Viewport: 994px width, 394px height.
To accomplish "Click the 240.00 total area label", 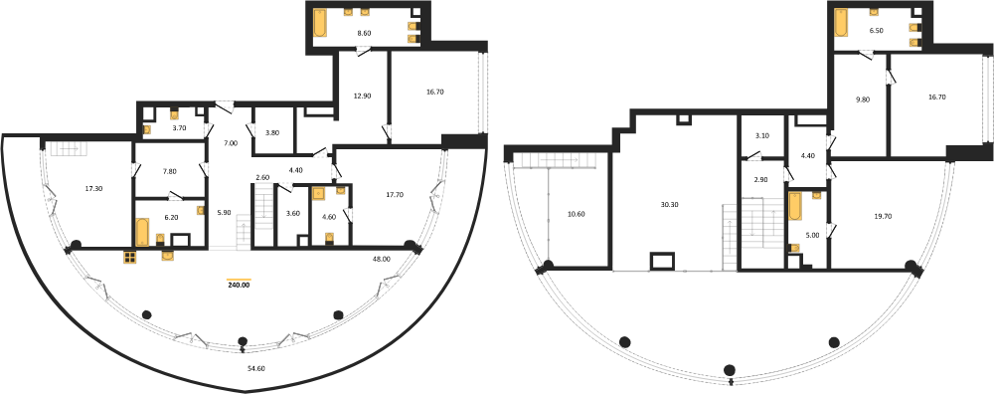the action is click(x=240, y=285).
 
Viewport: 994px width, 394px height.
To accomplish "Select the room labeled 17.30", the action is click(x=93, y=188).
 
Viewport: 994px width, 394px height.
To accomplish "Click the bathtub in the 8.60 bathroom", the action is click(x=321, y=24).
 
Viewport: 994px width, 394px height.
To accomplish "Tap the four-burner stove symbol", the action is click(x=130, y=257).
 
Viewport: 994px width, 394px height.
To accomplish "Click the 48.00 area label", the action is click(x=382, y=259).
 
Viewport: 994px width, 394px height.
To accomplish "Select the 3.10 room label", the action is click(x=762, y=136).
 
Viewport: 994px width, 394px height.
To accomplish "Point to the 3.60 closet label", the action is click(x=291, y=214).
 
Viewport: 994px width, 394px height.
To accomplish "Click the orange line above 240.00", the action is click(x=240, y=280).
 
